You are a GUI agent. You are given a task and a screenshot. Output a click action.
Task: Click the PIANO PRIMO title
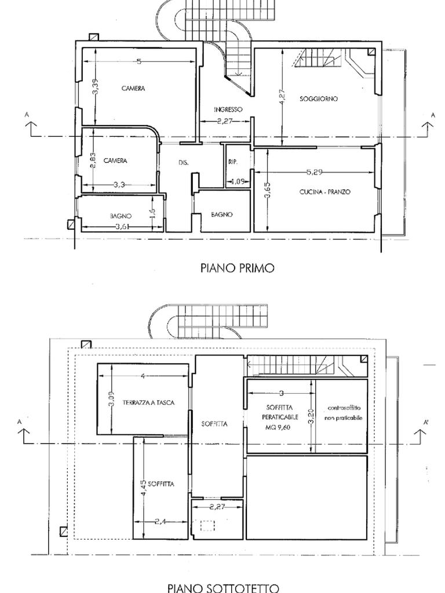pos(237,268)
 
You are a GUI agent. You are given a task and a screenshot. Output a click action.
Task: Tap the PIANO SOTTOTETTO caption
pos(223,588)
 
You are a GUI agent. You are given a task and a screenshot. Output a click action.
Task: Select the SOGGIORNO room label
pos(319,99)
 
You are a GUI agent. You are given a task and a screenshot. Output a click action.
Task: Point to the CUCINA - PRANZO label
pos(324,192)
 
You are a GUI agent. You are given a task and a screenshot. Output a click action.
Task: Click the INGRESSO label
pos(228,109)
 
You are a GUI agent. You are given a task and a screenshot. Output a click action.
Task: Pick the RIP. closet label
pos(233,162)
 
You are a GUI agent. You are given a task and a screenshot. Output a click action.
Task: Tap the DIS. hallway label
pos(183,163)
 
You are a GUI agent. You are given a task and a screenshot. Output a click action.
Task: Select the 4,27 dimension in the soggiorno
pos(282,96)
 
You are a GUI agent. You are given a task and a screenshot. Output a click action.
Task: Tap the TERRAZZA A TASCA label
pos(148,402)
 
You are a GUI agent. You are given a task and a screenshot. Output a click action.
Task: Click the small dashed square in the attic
pos(207,526)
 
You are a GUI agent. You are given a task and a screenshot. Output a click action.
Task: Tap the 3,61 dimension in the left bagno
pos(122,226)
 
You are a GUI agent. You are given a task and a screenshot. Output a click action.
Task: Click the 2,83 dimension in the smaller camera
pos(93,160)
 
